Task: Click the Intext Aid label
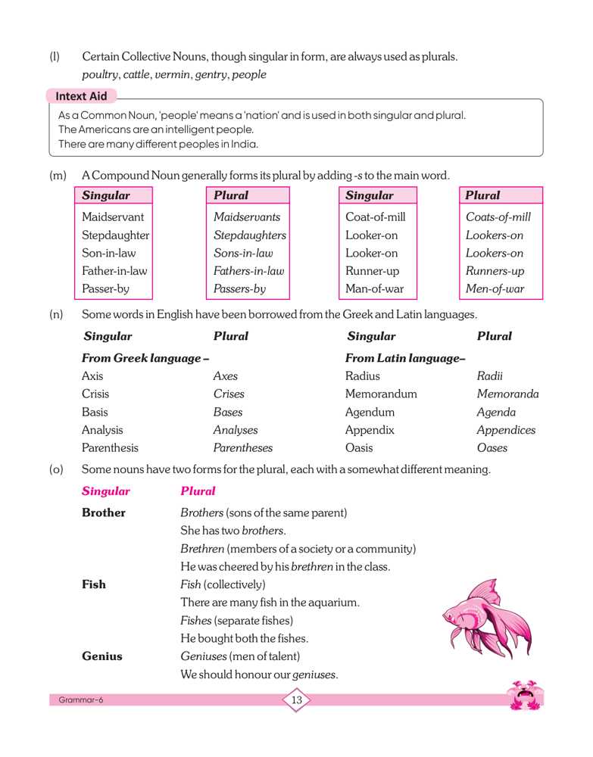81,96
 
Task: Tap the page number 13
296,700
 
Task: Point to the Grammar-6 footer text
81,700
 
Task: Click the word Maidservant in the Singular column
113,217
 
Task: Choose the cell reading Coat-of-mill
376,217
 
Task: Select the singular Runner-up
372,271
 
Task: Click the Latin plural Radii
490,376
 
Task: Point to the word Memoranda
507,394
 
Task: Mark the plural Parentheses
242,448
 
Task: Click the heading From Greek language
145,358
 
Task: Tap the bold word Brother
104,513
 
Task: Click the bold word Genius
101,656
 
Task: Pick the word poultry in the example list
100,75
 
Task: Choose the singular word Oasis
359,448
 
